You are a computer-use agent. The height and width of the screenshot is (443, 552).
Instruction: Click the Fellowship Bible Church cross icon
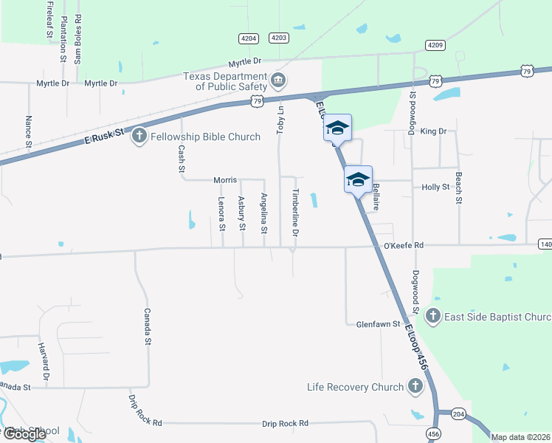(x=139, y=136)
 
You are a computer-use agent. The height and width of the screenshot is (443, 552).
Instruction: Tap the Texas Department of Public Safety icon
(x=278, y=80)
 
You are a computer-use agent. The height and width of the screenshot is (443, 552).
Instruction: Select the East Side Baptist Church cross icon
(x=433, y=317)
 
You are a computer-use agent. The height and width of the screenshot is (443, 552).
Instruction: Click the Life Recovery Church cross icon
(x=415, y=386)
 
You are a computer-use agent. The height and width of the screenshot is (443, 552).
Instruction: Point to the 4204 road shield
(x=249, y=38)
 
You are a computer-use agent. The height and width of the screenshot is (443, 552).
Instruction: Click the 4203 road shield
(x=279, y=38)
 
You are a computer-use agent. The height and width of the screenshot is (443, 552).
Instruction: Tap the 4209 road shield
(x=435, y=45)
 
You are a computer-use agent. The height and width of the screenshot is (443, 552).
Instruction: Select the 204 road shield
(x=458, y=415)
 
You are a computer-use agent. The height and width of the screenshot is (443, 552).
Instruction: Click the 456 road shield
(x=433, y=434)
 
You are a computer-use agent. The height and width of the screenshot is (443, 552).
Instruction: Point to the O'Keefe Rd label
(x=404, y=245)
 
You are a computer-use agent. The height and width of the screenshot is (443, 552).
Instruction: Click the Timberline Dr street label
(x=295, y=212)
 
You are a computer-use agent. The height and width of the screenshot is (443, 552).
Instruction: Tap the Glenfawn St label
(x=378, y=323)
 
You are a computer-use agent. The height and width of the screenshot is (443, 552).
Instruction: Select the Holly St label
(x=435, y=188)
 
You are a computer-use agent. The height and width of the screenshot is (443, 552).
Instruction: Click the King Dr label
(x=433, y=131)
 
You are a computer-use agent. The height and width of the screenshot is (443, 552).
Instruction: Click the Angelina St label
(x=263, y=211)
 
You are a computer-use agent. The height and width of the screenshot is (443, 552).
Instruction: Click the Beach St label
(x=458, y=188)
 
